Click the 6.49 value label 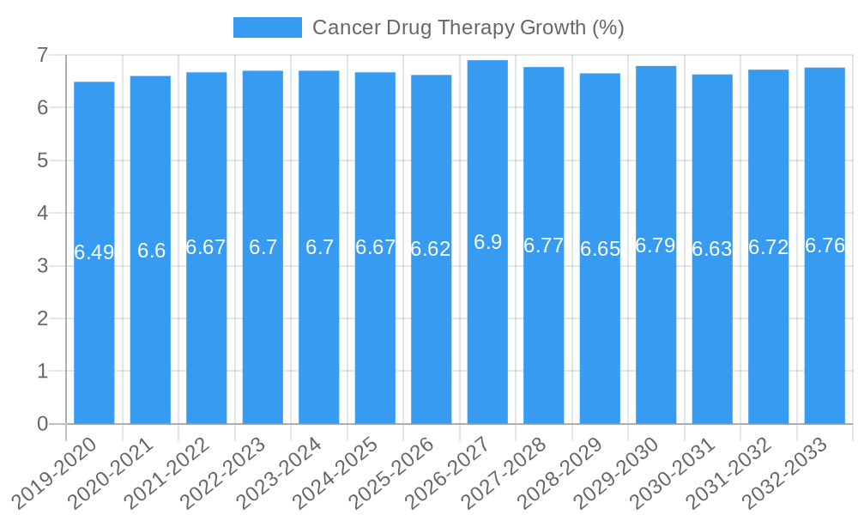(x=94, y=252)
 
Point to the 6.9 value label (x=487, y=242)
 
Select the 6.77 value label (x=544, y=245)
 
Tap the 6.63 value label (x=712, y=249)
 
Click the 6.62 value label (x=431, y=249)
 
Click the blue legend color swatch (x=267, y=27)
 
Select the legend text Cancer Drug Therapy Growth (x=468, y=27)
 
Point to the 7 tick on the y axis (x=42, y=55)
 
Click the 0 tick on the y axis (x=42, y=424)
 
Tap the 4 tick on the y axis (x=42, y=213)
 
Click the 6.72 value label (x=768, y=247)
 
